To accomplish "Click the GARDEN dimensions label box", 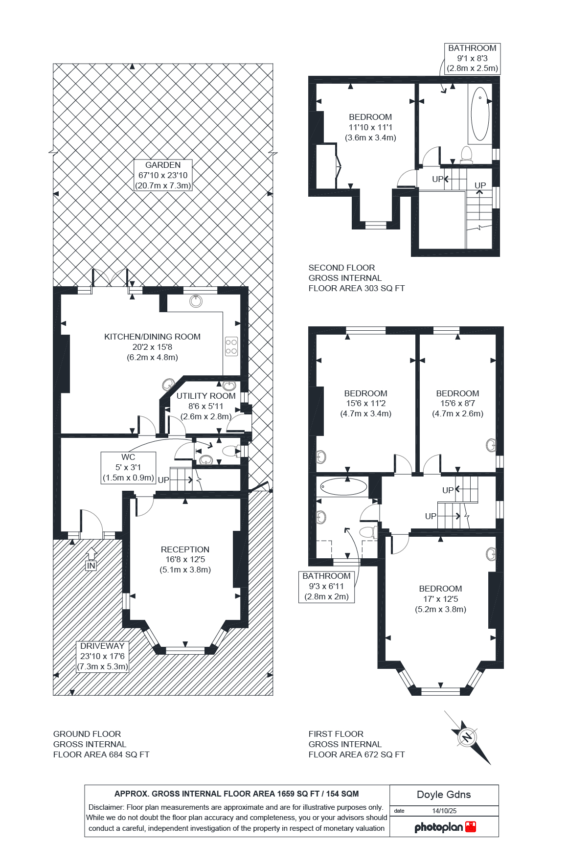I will tap(163, 175).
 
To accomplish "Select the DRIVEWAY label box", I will tap(102, 657).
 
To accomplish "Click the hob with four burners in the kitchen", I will tap(231, 346).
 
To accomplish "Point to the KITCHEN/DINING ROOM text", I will tap(152, 337).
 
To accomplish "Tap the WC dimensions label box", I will tap(128, 467).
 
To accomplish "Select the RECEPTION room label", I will tap(185, 559).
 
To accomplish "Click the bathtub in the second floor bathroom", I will tap(480, 114).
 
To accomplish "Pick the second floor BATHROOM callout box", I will tap(472, 58).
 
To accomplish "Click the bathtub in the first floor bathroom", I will tap(343, 486).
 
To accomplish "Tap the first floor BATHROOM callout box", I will tap(326, 586).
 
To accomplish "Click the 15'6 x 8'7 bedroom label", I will tap(457, 403).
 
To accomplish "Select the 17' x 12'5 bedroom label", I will tap(440, 599).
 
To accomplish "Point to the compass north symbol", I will tap(468, 737).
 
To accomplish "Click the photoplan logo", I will tap(444, 827).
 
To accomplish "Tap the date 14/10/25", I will tap(444, 811).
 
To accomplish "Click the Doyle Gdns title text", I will tap(444, 795).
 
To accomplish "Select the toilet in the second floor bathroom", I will tap(466, 154).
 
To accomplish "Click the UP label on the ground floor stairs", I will tap(163, 480).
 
